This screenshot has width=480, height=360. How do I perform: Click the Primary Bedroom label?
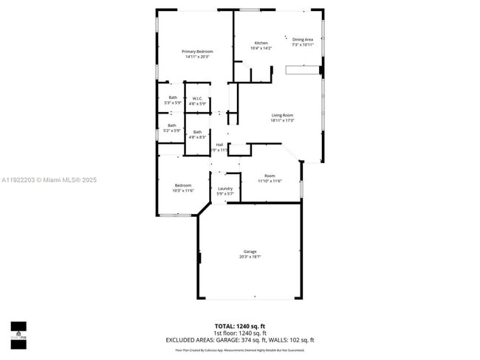(x=197, y=51)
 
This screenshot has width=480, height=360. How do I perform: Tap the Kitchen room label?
(x=261, y=43)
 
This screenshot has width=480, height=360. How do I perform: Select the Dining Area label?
(x=303, y=40)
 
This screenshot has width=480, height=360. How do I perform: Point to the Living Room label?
(x=282, y=115)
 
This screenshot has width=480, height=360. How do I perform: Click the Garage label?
(x=250, y=252)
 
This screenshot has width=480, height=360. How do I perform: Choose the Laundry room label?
(x=225, y=188)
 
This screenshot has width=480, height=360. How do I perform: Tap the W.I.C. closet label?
(x=197, y=98)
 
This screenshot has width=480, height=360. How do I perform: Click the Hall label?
(x=219, y=144)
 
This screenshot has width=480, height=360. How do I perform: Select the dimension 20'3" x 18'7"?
(x=250, y=257)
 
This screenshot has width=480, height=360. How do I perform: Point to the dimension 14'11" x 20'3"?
(x=197, y=56)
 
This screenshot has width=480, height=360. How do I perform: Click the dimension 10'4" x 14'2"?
(x=261, y=48)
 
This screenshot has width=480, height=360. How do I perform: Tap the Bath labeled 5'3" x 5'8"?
(x=173, y=97)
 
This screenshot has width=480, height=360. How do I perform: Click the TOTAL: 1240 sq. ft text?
(x=240, y=326)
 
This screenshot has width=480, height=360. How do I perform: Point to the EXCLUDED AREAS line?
(x=240, y=339)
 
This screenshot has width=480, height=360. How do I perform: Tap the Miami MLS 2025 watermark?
(x=49, y=180)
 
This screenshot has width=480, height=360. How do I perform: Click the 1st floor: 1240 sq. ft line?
(x=240, y=333)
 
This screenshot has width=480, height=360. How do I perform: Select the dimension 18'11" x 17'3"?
(x=282, y=120)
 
